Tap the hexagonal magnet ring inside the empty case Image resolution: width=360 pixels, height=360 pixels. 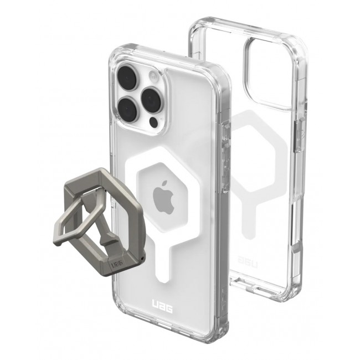coord(260,161)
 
